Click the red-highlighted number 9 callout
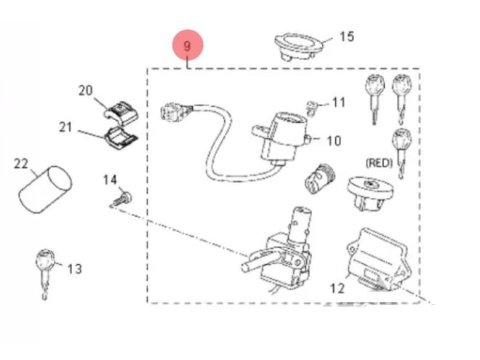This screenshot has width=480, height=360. (188, 45)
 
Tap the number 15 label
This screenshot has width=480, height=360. (347, 36)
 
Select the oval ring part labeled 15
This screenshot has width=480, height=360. (298, 47)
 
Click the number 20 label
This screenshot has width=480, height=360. (85, 90)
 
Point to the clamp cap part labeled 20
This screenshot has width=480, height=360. (120, 112)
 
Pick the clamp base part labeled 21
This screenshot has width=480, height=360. (121, 138)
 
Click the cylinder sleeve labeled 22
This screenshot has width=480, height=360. (46, 189)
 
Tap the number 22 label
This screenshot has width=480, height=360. (21, 164)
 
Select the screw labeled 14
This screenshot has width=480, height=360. (122, 199)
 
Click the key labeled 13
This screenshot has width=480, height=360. (45, 273)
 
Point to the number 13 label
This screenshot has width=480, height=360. (75, 269)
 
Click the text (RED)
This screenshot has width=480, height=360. (379, 163)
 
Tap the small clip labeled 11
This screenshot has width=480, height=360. (311, 108)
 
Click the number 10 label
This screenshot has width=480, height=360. (334, 141)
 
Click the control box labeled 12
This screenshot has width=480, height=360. (378, 260)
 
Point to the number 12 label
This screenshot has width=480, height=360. (337, 289)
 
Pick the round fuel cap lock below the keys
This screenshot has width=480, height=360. (369, 193)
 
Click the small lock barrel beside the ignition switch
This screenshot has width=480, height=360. (320, 179)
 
